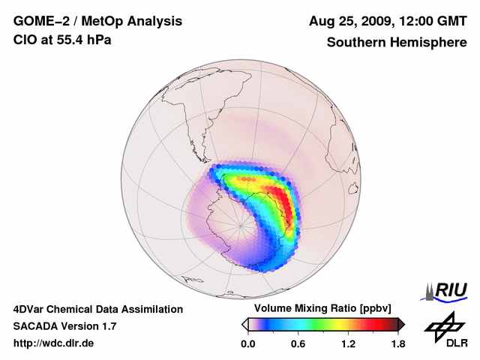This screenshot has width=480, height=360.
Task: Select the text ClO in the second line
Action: (23, 40)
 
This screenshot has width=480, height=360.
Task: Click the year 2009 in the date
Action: (371, 21)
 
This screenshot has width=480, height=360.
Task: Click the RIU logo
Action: (448, 290)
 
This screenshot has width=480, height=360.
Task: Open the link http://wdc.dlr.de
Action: (53, 343)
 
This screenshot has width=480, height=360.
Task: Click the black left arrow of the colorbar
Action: (245, 324)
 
